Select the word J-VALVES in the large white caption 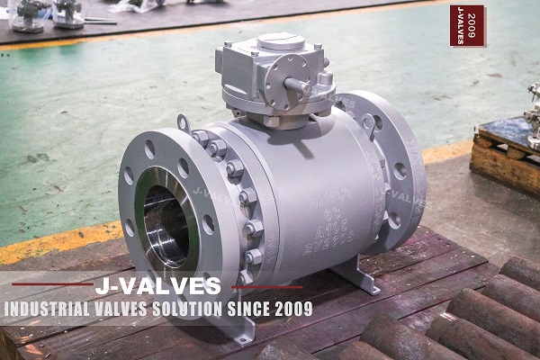(x=157, y=286)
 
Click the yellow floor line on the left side (x=54, y=245)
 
